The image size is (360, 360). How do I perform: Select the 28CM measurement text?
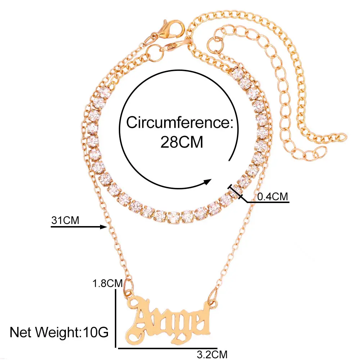[181, 142]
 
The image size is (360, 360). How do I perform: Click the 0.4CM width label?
[273, 197]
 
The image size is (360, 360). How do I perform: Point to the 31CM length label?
[65, 220]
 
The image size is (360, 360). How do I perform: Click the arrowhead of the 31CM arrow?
[104, 227]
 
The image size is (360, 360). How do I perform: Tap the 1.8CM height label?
[107, 283]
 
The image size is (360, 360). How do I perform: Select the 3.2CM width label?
[212, 354]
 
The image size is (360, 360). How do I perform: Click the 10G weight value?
[96, 332]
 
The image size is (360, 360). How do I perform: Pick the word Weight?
[57, 332]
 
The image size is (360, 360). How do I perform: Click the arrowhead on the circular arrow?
[207, 182]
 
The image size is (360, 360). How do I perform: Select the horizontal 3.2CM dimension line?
[168, 348]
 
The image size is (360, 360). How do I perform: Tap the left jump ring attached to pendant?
[129, 290]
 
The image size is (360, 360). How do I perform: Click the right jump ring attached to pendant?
[213, 298]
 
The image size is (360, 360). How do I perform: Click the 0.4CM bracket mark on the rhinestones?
[235, 192]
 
